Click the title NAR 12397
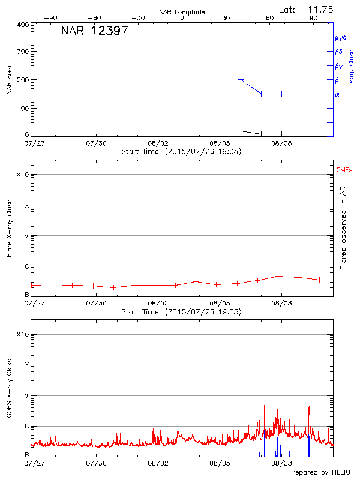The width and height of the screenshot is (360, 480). [94, 31]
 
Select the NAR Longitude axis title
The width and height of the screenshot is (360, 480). [182, 12]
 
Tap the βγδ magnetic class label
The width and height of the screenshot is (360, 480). [340, 37]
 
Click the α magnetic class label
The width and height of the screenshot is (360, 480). [337, 94]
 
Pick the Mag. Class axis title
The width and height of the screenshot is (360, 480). [352, 66]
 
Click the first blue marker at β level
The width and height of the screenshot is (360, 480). [241, 79]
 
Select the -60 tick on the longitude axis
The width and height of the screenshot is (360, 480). [94, 18]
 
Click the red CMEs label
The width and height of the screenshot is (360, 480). [344, 170]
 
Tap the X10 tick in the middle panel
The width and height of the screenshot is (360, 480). [22, 175]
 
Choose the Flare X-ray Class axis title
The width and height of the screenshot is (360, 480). [10, 227]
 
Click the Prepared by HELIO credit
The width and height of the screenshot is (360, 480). [319, 472]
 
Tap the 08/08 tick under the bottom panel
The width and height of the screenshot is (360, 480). [281, 463]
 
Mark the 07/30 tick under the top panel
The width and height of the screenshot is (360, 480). [96, 144]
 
